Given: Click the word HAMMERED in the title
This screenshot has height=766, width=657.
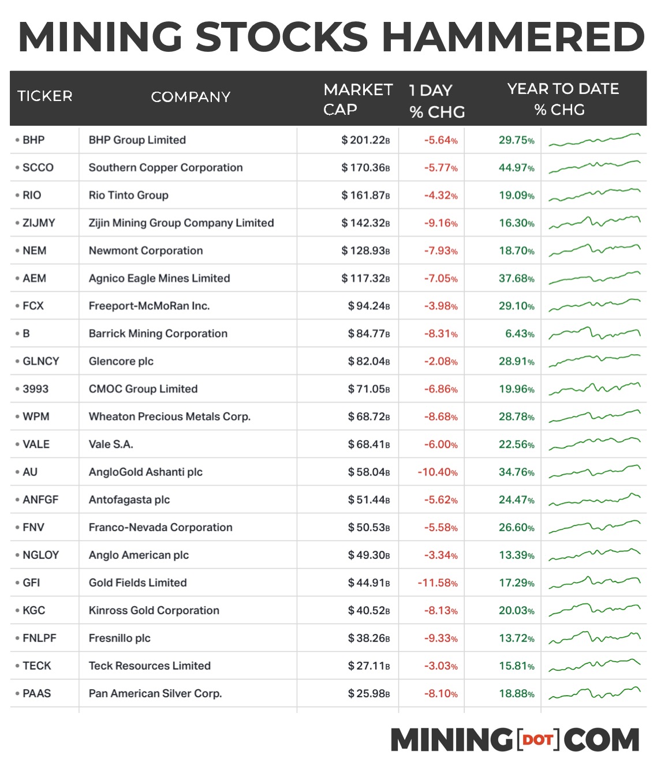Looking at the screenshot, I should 513,37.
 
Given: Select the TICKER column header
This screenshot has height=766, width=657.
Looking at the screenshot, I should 45,96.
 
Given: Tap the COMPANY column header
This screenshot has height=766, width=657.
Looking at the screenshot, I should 191,97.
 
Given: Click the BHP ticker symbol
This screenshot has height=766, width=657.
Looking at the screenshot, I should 33,140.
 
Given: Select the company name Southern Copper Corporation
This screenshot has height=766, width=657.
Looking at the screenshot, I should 166,168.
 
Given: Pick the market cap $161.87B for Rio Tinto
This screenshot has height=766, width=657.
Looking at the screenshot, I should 365,196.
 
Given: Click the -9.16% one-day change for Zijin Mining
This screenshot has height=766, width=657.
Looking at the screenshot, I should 441,223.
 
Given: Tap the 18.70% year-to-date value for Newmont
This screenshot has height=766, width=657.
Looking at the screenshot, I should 516,251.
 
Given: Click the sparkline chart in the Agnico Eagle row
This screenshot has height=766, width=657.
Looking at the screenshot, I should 594,278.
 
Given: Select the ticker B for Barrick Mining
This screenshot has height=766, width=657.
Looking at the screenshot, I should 26,334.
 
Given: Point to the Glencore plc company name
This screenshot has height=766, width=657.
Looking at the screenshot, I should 121,362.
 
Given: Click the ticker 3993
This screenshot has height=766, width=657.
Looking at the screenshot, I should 35,389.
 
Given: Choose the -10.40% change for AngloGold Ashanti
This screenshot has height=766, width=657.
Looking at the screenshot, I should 438,472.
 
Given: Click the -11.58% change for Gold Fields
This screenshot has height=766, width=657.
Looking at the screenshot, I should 438,583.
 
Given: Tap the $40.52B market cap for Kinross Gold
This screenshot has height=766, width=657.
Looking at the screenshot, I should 369,611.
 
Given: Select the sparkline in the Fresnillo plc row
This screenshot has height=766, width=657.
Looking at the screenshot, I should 594,637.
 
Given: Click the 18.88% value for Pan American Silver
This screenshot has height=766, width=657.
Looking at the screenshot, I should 516,694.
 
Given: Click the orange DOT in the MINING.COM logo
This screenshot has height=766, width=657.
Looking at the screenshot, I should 538,740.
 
